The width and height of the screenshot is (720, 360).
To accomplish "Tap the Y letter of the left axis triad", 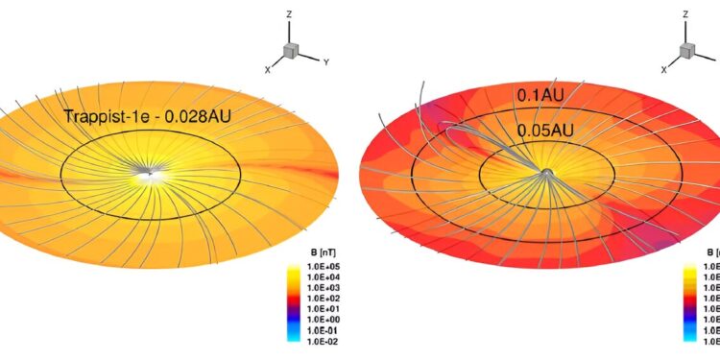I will click(326, 62).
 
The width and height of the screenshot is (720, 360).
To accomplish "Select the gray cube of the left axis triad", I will click(292, 51).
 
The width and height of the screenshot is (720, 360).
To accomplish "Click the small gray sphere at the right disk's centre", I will click(546, 172).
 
